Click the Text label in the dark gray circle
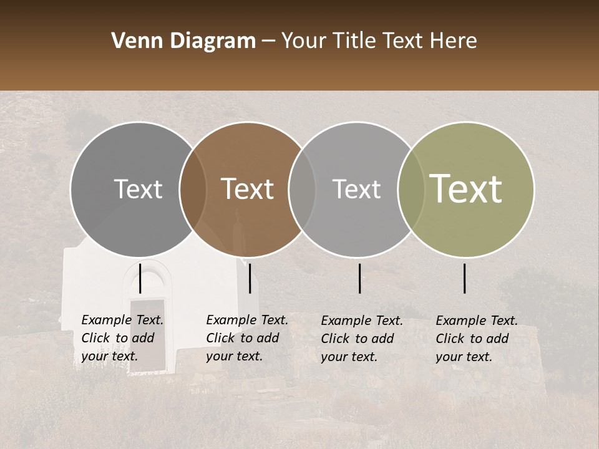pos(138,190)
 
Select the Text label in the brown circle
pos(247,190)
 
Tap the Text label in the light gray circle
pos(356,190)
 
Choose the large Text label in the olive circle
pos(466,190)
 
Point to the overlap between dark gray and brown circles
pos(193,190)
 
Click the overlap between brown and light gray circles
pos(302,190)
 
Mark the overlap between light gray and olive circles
pos(410,190)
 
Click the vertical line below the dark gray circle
pos(140,278)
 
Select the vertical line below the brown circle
pos(250,278)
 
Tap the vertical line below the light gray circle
pos(360,278)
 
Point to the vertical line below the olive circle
pos(465,278)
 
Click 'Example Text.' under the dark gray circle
pos(122,321)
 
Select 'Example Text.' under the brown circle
pos(247,321)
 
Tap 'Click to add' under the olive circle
pos(472,339)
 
